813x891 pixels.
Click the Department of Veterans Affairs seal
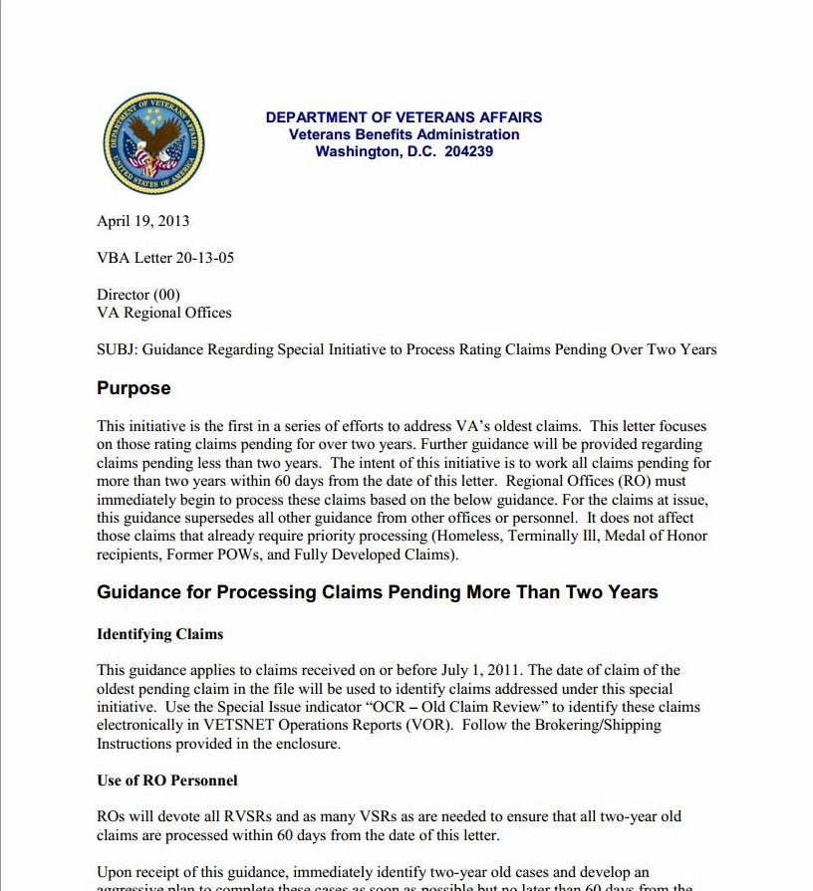tap(154, 143)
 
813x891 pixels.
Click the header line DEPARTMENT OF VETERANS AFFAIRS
tap(404, 117)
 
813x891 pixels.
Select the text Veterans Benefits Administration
tap(404, 134)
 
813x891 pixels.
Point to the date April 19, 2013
tap(142, 221)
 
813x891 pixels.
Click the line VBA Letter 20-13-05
tap(165, 258)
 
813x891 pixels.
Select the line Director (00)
tap(138, 295)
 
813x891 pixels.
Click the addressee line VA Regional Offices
tap(163, 313)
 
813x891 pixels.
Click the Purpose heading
tap(134, 388)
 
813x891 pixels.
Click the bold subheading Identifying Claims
tap(159, 634)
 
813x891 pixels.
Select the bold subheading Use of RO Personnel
tap(166, 780)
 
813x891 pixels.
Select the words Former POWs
tap(209, 554)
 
